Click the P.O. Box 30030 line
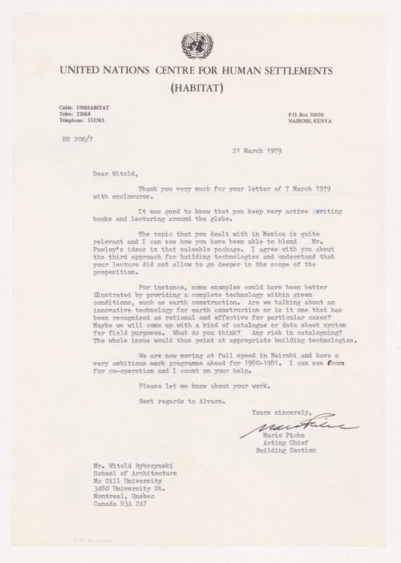(318, 115)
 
